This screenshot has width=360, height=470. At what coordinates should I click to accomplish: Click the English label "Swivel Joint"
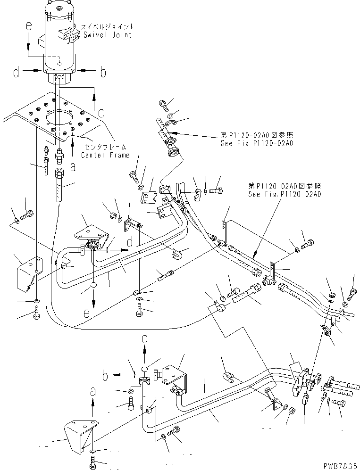(x=107, y=35)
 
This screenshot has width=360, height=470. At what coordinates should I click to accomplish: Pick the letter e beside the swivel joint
(x=29, y=27)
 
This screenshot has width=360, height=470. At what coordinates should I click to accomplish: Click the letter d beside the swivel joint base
(x=16, y=73)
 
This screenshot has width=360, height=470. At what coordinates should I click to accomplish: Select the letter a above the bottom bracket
(x=92, y=390)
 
